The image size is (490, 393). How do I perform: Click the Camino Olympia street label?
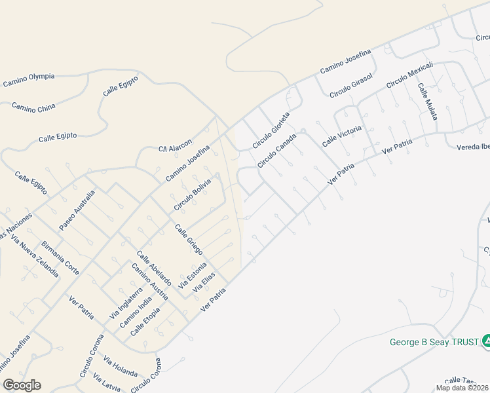click(x=29, y=80)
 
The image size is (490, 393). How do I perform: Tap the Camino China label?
click(x=33, y=107)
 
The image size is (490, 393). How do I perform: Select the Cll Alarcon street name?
click(x=176, y=145)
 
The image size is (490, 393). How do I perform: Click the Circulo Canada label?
click(x=277, y=151)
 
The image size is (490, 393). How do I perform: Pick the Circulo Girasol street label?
click(x=351, y=86)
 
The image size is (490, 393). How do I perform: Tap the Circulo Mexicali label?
click(x=411, y=77)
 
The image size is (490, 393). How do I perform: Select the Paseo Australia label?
click(x=77, y=210)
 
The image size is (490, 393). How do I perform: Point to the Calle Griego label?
click(x=189, y=240)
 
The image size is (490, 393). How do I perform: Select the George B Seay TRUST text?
click(x=434, y=342)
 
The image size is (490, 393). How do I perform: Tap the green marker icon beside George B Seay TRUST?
click(x=486, y=341)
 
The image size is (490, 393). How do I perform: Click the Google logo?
click(x=22, y=385)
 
